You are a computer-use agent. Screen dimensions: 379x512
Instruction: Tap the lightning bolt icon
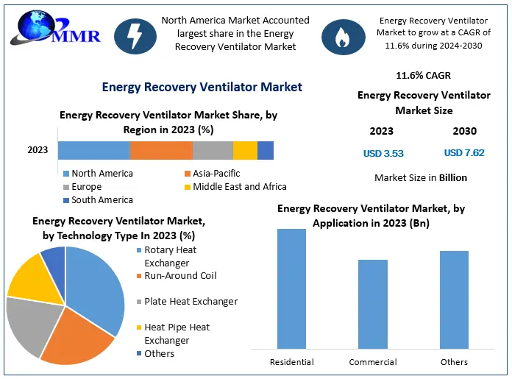[134, 34]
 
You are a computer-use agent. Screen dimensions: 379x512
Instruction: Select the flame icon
[341, 34]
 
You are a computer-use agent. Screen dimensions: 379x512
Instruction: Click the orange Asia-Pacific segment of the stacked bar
[161, 150]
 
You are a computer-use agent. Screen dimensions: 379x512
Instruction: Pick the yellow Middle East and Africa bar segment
[245, 150]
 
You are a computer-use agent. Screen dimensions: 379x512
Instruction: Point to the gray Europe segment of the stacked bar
[213, 150]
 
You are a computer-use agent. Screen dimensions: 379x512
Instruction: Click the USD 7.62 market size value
[464, 154]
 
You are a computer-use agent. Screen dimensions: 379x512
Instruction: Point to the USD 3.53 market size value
[383, 154]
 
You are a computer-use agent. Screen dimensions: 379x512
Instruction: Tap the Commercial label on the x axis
[373, 362]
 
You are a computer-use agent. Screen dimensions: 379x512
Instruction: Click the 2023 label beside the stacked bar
[38, 150]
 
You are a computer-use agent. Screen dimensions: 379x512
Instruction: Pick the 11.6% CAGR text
[423, 75]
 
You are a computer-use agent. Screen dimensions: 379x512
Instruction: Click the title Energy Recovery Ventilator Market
[202, 87]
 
